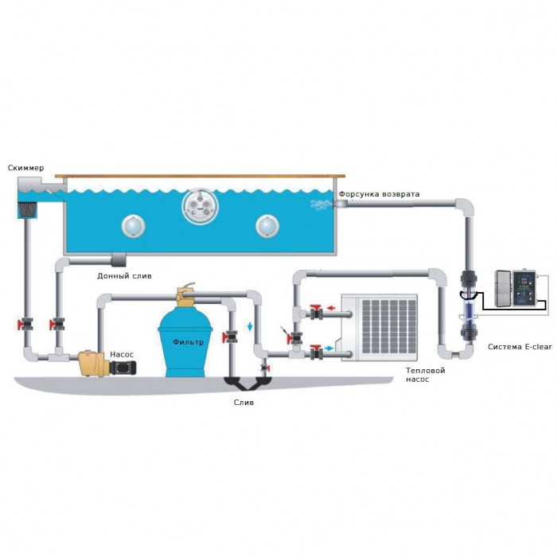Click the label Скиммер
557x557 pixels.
(26, 168)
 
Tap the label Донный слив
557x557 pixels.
(123, 276)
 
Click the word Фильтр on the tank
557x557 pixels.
(187, 342)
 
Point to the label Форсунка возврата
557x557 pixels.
(380, 194)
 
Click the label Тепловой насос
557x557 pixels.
(426, 375)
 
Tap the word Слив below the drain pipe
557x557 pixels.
(243, 403)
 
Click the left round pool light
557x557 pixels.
(134, 226)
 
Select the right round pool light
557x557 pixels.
(267, 226)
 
